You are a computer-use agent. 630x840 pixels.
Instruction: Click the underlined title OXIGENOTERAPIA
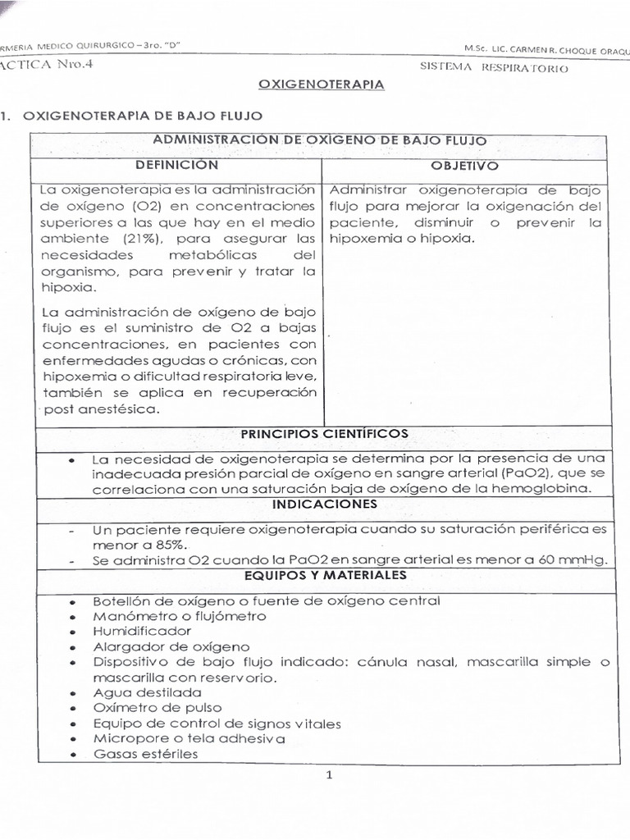[x=322, y=84]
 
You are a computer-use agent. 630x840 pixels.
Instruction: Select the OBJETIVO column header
[x=463, y=166]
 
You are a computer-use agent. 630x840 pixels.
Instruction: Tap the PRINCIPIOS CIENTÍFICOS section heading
[x=323, y=433]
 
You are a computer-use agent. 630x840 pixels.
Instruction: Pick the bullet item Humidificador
[x=142, y=631]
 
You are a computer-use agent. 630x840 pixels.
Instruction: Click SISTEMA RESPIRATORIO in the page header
[x=494, y=69]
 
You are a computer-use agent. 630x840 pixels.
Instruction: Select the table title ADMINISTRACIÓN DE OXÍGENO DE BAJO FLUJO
[x=319, y=141]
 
